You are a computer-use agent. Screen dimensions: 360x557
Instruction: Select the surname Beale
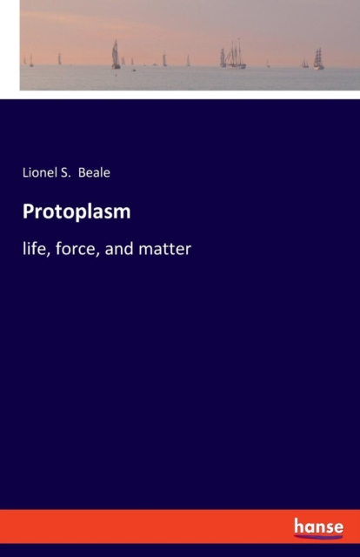(94, 172)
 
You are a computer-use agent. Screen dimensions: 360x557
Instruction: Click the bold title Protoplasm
(77, 212)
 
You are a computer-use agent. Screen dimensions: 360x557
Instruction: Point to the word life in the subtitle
(32, 248)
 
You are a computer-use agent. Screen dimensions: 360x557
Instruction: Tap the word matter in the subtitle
(164, 249)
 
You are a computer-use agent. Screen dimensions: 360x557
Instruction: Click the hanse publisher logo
(318, 527)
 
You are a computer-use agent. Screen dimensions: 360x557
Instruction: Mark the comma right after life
(44, 254)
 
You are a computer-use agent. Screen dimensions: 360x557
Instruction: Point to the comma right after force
(98, 254)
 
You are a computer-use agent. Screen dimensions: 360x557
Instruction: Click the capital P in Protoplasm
(29, 211)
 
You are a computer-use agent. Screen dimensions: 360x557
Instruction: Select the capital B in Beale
(82, 172)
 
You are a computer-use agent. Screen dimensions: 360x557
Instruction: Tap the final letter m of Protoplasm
(123, 214)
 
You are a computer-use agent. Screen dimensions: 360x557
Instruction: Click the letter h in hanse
(298, 526)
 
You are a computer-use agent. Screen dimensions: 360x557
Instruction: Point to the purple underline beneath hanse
(318, 535)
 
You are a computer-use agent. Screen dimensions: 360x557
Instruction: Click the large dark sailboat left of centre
(116, 54)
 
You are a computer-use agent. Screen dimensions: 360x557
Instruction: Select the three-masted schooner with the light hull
(235, 54)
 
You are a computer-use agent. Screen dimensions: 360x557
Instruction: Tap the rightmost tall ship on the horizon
(318, 58)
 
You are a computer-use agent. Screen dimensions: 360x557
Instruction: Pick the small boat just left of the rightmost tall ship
(305, 63)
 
